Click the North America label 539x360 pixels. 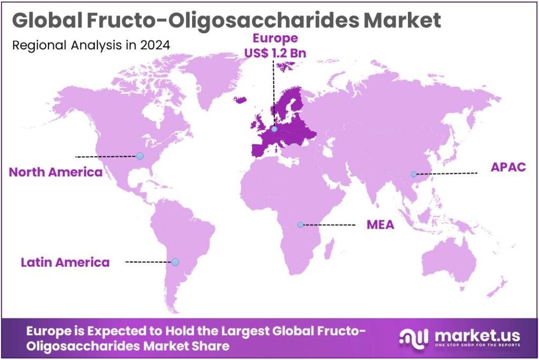55,172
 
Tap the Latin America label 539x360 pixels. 65,262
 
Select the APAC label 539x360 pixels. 508,167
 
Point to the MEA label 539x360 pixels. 381,225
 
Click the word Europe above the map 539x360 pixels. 275,38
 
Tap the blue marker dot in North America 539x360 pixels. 139,156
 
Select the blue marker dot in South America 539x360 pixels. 175,262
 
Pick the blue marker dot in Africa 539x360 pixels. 300,225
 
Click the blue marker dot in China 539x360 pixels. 414,174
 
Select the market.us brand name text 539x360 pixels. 476,335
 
